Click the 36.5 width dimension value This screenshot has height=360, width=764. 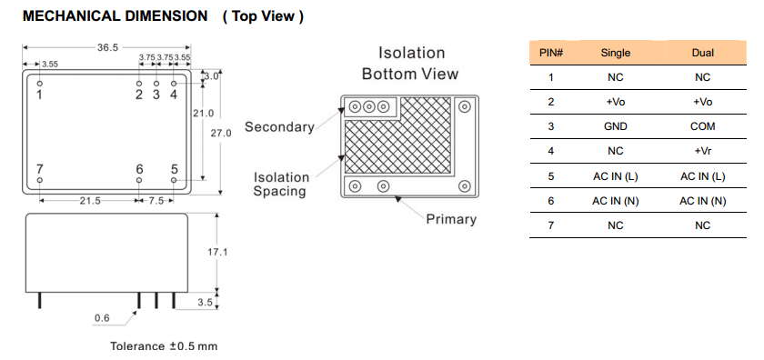(x=107, y=47)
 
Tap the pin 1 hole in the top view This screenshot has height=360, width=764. (x=39, y=84)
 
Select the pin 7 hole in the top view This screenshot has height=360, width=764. (x=39, y=180)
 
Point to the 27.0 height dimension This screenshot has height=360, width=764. (x=221, y=133)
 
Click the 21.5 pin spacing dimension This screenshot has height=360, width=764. (x=90, y=201)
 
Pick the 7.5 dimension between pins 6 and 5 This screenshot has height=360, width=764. (x=156, y=201)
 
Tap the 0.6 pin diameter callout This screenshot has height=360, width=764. (x=102, y=318)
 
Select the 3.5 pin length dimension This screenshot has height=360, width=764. (x=206, y=302)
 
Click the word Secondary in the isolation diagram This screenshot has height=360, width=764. (x=279, y=127)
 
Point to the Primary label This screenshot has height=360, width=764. (x=451, y=219)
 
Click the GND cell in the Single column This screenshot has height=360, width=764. (x=616, y=126)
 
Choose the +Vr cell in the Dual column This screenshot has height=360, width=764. (x=703, y=151)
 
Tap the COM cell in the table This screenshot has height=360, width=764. (x=703, y=126)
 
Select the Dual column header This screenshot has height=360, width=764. (x=703, y=53)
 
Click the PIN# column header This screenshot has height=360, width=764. (x=551, y=53)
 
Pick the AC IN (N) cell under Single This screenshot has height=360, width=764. (x=616, y=201)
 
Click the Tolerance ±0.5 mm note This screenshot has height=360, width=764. (x=164, y=346)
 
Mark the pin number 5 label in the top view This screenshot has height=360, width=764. (x=175, y=169)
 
